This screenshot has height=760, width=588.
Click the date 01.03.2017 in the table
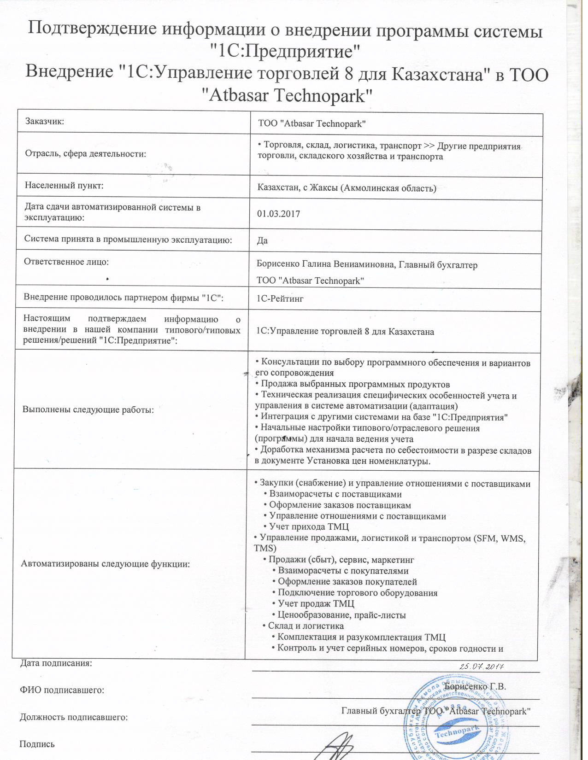(x=278, y=214)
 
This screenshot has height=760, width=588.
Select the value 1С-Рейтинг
(x=280, y=299)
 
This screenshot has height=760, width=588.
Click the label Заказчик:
(x=45, y=122)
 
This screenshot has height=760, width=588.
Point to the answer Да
(x=262, y=240)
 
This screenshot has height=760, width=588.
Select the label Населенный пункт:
(x=64, y=186)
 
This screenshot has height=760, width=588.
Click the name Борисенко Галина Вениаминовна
(x=325, y=265)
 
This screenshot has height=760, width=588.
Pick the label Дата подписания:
(x=56, y=664)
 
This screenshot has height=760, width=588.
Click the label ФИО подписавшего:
(x=62, y=690)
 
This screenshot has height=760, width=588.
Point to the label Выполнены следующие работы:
(x=88, y=410)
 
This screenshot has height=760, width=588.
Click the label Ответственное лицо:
(x=66, y=262)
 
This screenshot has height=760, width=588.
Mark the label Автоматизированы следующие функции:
(x=106, y=564)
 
